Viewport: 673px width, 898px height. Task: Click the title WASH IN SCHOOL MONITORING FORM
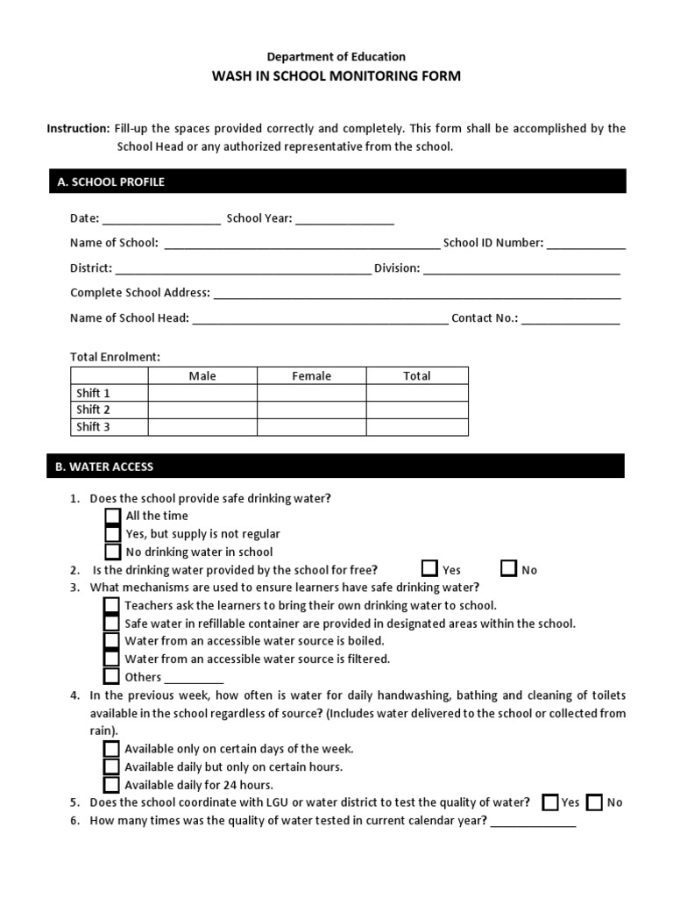(336, 76)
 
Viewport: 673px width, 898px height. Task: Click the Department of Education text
(336, 56)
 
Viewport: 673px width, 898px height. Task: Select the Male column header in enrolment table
(202, 376)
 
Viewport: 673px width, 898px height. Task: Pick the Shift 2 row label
(94, 410)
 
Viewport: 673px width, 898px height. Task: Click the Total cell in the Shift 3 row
(417, 427)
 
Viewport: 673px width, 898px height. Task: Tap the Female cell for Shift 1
(311, 393)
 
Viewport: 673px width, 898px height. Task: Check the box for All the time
(112, 517)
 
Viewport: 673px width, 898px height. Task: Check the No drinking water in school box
(112, 552)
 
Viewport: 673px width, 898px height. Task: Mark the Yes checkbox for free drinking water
(429, 569)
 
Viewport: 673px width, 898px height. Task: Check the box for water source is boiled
(111, 641)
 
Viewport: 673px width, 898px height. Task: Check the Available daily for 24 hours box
(111, 785)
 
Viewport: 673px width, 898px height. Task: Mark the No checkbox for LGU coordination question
(594, 802)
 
